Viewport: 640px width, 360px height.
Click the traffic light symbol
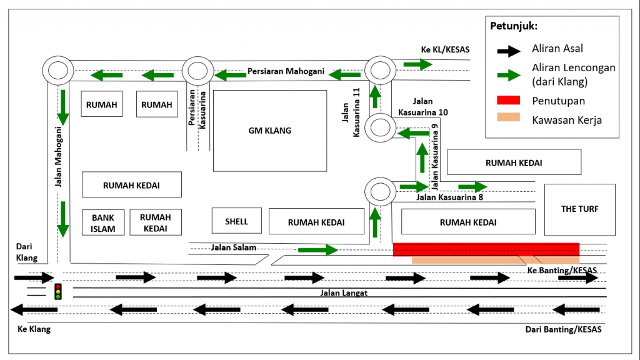[58, 291]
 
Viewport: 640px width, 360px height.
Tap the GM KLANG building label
[270, 131]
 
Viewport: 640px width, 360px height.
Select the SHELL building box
[236, 221]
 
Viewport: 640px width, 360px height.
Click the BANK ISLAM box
[103, 222]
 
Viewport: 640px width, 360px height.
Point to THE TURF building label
[579, 209]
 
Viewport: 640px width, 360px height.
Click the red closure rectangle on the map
[486, 249]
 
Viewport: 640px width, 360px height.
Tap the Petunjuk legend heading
[514, 26]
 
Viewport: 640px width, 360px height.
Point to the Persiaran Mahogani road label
[286, 71]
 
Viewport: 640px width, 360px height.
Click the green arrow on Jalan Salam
[317, 250]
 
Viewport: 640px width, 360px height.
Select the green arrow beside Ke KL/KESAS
[417, 64]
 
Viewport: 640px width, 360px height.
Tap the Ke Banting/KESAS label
[562, 270]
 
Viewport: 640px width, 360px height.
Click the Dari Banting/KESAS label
[563, 329]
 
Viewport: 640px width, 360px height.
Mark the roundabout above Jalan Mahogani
[58, 70]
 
